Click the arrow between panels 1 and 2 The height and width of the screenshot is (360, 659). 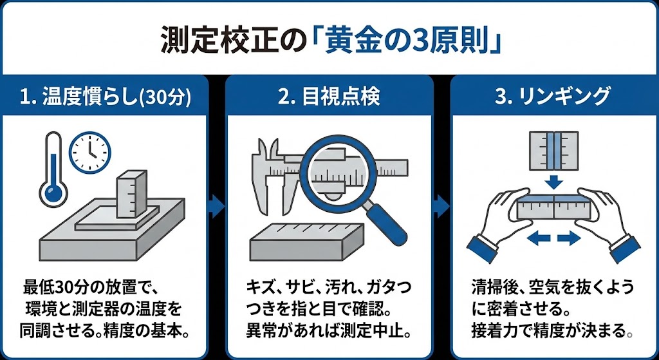pos(218,207)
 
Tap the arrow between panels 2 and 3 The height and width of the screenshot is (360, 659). pos(441,207)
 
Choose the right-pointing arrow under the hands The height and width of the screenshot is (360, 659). pos(568,239)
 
